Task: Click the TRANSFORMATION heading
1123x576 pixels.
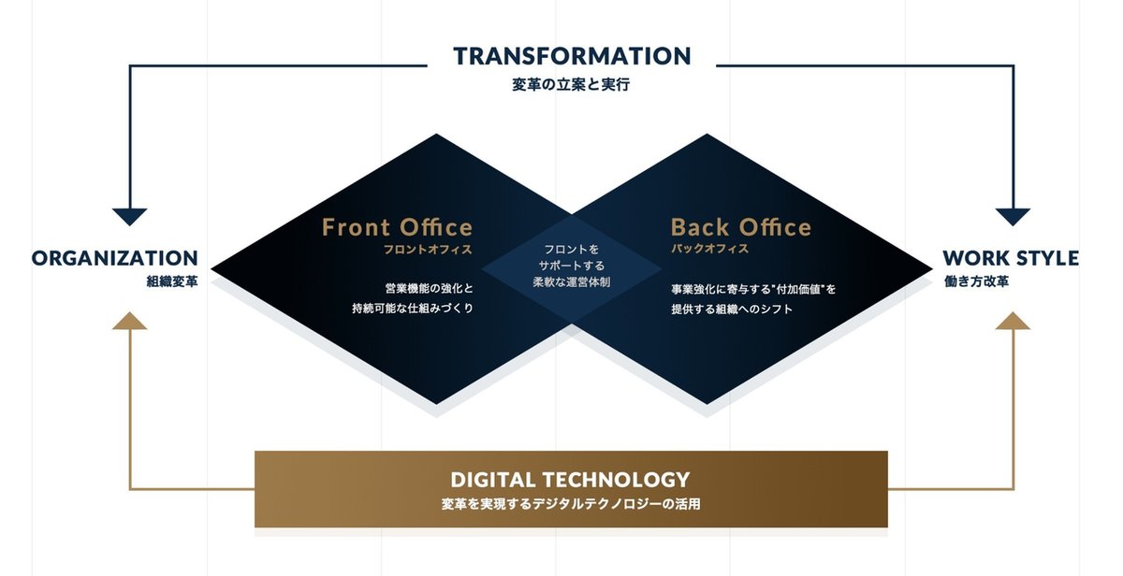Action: pos(572,56)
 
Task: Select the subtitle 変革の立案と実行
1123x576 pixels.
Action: pos(571,85)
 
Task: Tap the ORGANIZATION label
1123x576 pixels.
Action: pos(115,258)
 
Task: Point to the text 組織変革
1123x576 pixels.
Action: pos(172,281)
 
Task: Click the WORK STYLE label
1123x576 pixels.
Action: pos(1011,258)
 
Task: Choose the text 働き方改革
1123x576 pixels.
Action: pos(977,281)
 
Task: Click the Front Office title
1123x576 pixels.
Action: pos(397,227)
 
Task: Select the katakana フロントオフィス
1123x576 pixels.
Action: pos(428,250)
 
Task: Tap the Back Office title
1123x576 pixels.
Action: pos(741,227)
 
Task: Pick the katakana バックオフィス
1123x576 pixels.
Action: pos(710,249)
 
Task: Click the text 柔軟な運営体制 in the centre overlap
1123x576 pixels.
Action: pos(572,282)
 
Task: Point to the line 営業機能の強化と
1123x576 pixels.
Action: pos(430,289)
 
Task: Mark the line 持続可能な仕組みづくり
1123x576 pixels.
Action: pos(413,309)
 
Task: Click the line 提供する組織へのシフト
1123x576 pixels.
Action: pos(732,310)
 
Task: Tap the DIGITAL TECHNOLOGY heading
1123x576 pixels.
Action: pos(571,480)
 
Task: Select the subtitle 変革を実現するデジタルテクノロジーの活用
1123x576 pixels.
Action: pos(571,504)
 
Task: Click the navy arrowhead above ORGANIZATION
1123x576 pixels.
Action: pos(129,217)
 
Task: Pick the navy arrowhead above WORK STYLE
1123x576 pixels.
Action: pos(1013,217)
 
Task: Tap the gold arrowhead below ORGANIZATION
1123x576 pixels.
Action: pos(129,321)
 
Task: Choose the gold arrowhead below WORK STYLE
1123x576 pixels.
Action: pos(1013,321)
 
